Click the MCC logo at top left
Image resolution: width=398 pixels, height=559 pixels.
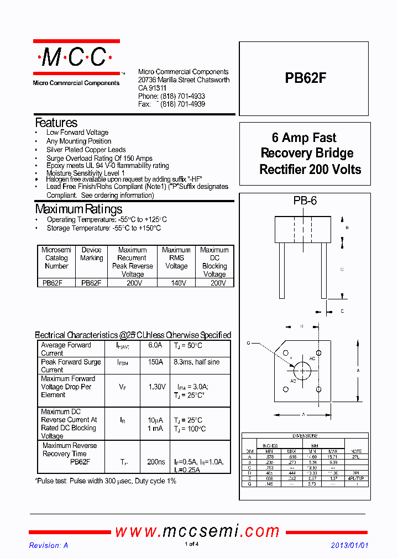point(76,57)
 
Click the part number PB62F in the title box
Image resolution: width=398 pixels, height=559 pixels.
point(305,78)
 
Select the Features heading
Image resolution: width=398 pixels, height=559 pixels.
point(56,123)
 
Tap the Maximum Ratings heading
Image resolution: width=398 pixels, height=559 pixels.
point(78,209)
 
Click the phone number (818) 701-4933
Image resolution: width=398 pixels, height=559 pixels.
point(182,96)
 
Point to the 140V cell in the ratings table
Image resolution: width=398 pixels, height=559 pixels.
point(176,283)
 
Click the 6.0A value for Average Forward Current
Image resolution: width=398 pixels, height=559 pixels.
point(155,345)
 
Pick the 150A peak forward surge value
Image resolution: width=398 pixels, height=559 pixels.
point(155,362)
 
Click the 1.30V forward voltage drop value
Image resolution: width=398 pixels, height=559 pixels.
point(157,387)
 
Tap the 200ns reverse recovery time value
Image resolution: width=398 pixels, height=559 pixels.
point(156,462)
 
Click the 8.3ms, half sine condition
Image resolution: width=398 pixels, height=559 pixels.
point(196,362)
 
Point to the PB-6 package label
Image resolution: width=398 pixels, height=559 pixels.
point(305,201)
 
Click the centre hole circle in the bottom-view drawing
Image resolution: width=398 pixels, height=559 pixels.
point(302,370)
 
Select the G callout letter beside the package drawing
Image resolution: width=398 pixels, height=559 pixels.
point(249,343)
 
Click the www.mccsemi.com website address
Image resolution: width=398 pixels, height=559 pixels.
point(197,531)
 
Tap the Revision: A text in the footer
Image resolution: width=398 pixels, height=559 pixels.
point(49,545)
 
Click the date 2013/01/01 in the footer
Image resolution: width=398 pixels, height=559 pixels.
point(349,545)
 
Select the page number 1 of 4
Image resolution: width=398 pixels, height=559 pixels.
point(191,545)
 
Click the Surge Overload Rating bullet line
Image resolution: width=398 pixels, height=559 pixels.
point(99,158)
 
